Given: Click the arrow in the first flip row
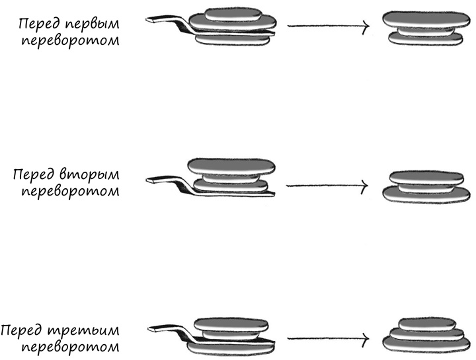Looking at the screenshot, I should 328,26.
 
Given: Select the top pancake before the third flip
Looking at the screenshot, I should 229,323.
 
